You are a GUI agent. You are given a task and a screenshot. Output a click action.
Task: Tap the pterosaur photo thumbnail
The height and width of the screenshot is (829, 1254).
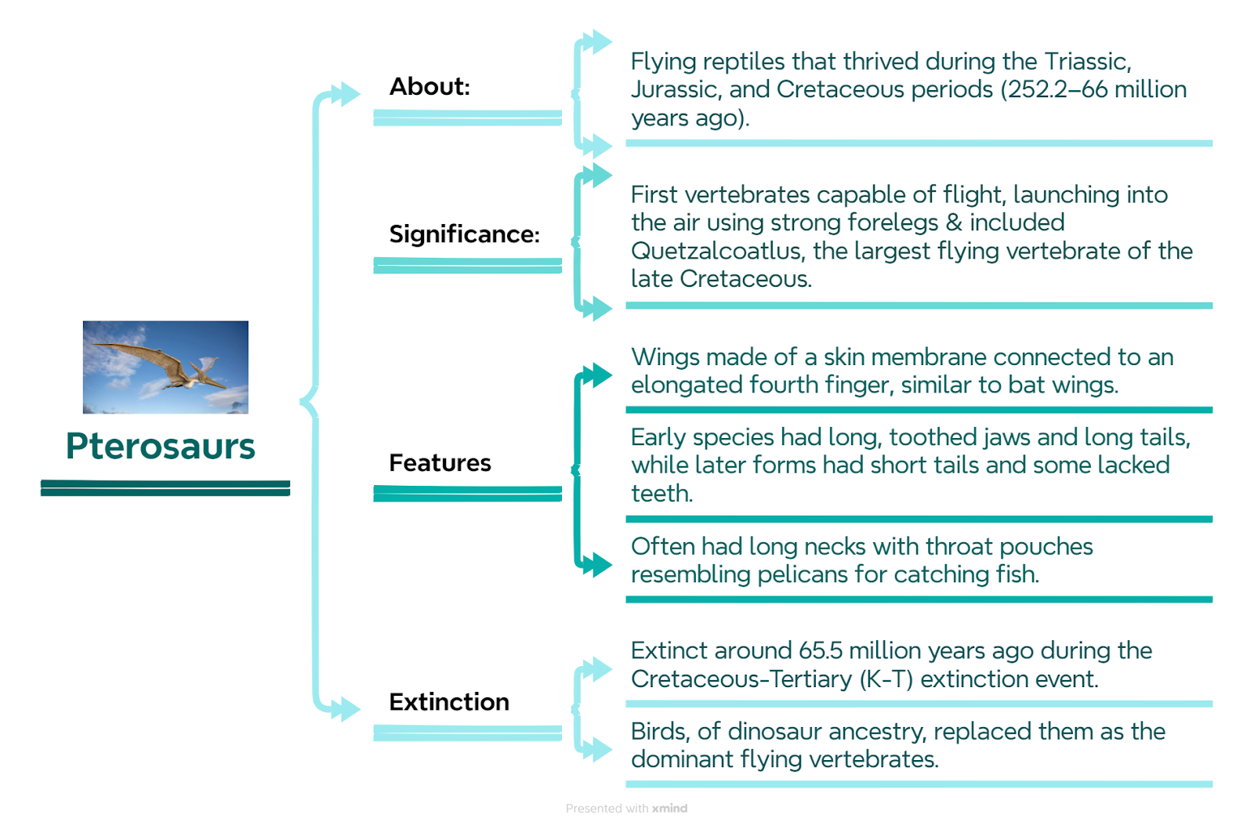tap(165, 367)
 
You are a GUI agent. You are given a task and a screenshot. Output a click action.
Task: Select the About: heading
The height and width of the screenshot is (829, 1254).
tap(429, 87)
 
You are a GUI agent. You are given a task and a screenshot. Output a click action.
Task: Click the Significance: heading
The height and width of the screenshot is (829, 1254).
tap(464, 234)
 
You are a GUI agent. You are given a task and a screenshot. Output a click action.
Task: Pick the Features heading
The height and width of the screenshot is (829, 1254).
tap(440, 463)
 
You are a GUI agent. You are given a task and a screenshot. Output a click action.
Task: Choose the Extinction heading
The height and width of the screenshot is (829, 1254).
tap(449, 702)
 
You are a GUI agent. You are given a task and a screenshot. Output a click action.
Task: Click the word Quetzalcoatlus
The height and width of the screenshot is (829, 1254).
tap(718, 252)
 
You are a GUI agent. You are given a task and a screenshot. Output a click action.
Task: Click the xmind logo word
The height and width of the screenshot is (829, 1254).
tap(669, 809)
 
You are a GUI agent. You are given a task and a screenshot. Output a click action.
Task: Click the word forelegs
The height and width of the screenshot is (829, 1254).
tap(893, 223)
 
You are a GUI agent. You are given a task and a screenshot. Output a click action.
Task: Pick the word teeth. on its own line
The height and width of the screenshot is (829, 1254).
tap(662, 494)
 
